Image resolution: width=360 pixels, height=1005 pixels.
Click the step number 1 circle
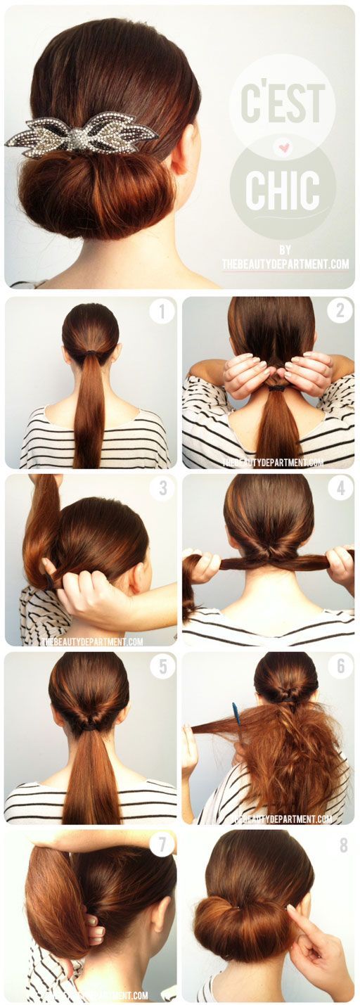pyautogui.click(x=161, y=311)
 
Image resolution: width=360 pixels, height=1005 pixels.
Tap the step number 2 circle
pyautogui.click(x=340, y=310)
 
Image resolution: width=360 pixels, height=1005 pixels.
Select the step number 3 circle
pyautogui.click(x=162, y=487)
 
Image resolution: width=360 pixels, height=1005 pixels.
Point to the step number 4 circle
pyautogui.click(x=340, y=487)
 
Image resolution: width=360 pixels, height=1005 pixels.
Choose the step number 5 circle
pyautogui.click(x=162, y=665)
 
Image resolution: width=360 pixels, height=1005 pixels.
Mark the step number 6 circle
pyautogui.click(x=340, y=666)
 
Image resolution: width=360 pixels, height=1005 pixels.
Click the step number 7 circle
pyautogui.click(x=162, y=844)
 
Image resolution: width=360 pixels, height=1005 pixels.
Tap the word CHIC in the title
pyautogui.click(x=283, y=188)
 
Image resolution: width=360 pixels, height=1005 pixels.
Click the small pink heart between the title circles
pyautogui.click(x=283, y=148)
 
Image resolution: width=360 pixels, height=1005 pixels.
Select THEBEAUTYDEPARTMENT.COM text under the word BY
pyautogui.click(x=285, y=264)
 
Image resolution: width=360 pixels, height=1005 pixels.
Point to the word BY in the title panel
pyautogui.click(x=285, y=250)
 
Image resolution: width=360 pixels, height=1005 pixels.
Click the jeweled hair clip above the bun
pyautogui.click(x=82, y=134)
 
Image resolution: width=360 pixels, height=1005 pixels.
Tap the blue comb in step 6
pyautogui.click(x=237, y=715)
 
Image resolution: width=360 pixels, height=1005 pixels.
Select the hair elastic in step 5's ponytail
pyautogui.click(x=88, y=725)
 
